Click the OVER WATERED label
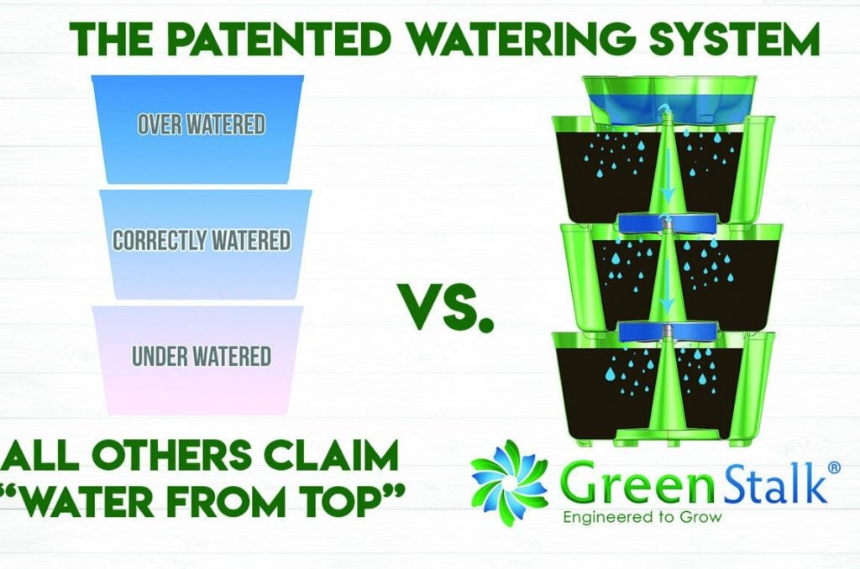201,125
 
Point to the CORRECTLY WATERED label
202,241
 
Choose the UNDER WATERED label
202,357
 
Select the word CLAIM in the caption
337,455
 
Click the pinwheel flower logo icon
508,483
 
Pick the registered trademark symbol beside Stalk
833,467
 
